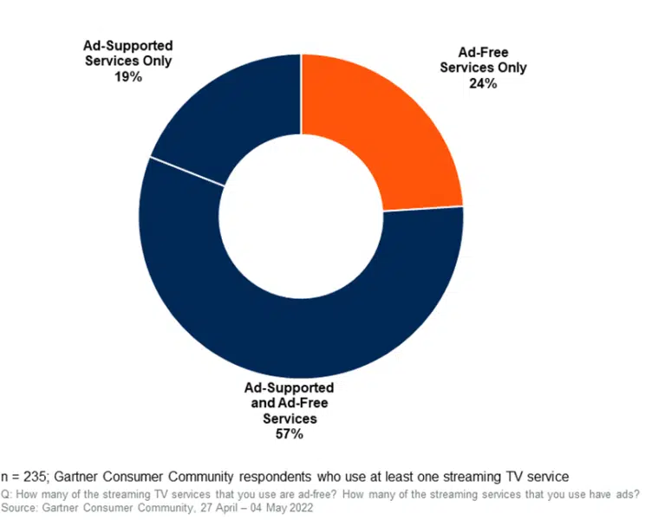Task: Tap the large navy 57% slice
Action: (295, 329)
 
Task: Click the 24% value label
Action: (482, 84)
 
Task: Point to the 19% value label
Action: (127, 76)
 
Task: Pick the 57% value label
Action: (285, 434)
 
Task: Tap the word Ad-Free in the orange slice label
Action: (483, 52)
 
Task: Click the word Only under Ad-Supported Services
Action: (153, 61)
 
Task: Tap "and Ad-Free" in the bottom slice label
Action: (285, 403)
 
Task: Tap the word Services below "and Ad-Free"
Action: (285, 419)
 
